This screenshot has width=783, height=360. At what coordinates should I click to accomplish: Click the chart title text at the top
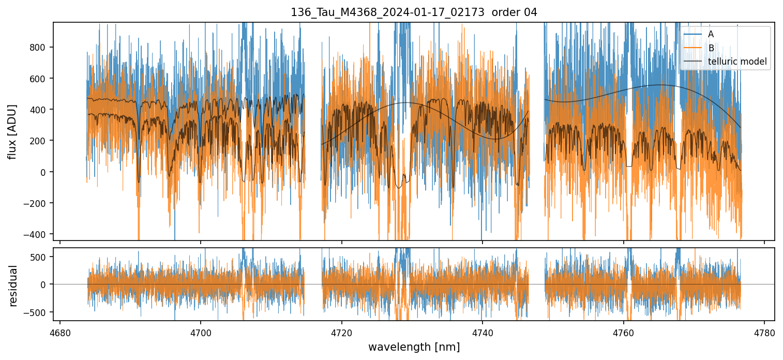pos(414,12)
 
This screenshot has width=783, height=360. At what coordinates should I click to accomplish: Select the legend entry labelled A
pos(711,34)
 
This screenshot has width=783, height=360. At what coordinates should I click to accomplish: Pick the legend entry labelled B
pos(711,48)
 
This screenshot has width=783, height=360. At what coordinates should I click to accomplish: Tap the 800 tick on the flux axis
pos(40,47)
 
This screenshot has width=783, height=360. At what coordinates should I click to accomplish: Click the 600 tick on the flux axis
pos(40,79)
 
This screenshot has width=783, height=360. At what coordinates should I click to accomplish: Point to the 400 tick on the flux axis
pos(40,110)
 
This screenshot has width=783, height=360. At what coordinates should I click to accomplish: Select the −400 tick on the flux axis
pos(37,234)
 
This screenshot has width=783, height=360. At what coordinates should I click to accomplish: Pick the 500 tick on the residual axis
pos(40,257)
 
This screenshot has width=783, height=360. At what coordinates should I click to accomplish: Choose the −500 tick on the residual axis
pos(37,312)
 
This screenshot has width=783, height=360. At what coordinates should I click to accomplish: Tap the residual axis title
pos(13,286)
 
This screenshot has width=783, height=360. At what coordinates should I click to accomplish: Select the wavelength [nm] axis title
pos(414,347)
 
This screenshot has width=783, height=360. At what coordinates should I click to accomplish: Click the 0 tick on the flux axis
pos(46,172)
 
